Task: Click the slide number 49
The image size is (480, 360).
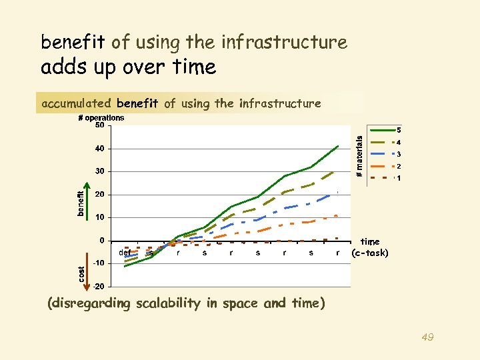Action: (427, 338)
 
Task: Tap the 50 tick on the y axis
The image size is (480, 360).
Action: (99, 125)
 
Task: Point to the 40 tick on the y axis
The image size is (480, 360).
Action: (99, 148)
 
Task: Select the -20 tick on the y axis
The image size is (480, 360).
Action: (98, 287)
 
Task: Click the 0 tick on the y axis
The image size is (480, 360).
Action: (101, 241)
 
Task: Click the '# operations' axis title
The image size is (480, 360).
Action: (101, 118)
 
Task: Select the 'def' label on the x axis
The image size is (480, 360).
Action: (125, 253)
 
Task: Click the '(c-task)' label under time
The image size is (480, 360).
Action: (370, 253)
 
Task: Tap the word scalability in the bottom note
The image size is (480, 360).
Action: (167, 303)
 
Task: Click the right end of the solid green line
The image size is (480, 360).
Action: (339, 145)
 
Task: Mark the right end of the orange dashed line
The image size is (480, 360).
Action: (338, 215)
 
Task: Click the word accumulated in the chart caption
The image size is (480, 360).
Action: (77, 103)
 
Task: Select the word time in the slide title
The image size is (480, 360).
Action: (194, 67)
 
